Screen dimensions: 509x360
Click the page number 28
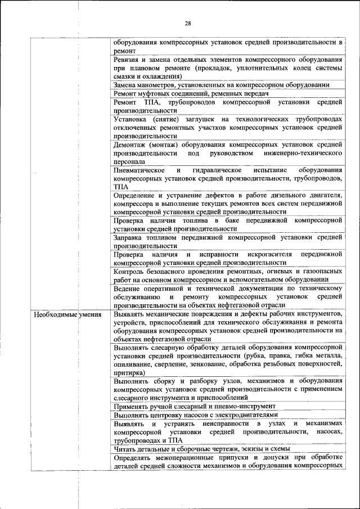tap(187, 23)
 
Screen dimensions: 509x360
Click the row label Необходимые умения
tap(67, 314)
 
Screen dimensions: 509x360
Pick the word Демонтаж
tap(130, 145)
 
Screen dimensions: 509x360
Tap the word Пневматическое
tap(138, 170)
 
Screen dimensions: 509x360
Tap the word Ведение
tap(127, 288)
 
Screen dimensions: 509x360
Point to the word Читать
tap(125, 448)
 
